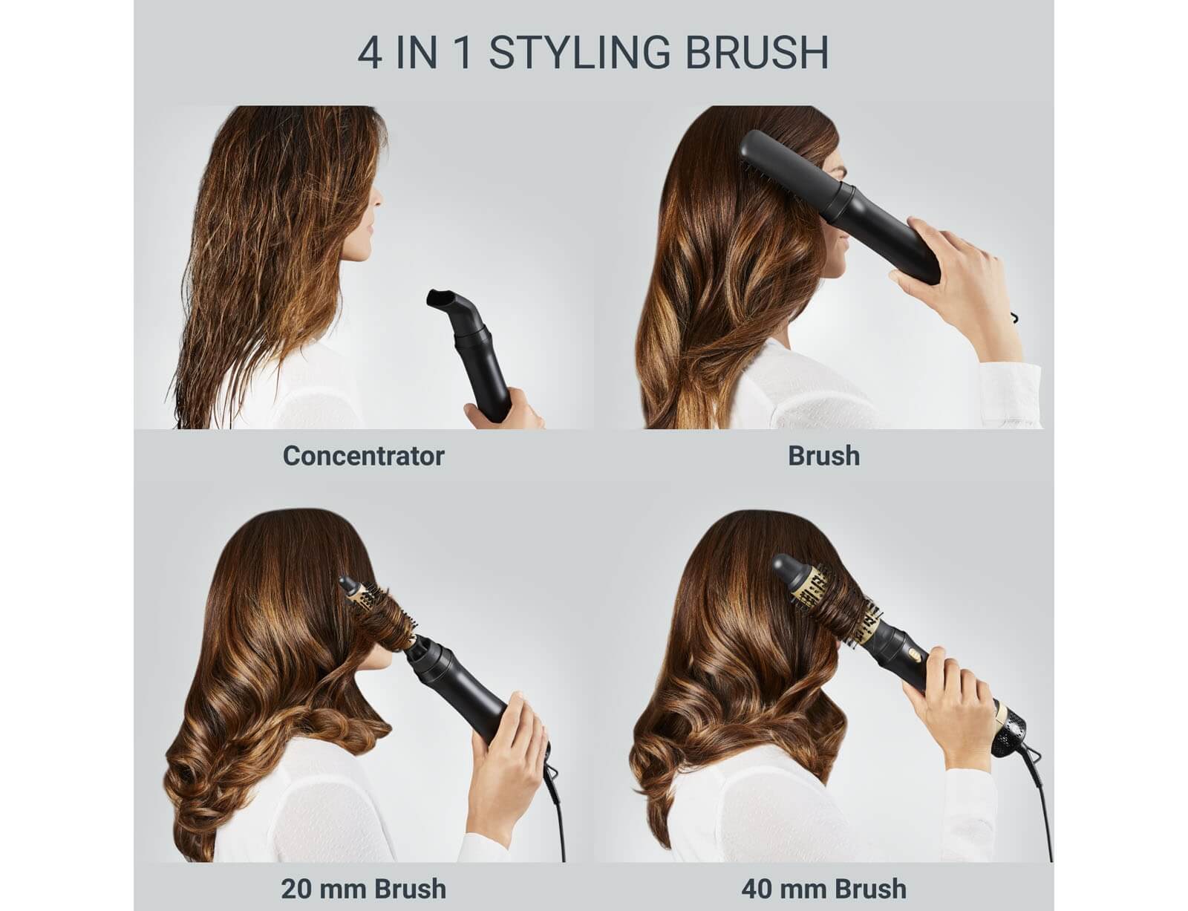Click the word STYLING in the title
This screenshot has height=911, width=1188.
579,53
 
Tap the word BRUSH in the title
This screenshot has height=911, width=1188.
757,53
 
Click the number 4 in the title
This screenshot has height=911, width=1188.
370,53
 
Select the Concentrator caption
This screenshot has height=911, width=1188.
364,456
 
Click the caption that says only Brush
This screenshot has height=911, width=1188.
824,456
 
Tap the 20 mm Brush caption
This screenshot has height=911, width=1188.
364,889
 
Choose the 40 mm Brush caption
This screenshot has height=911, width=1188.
824,889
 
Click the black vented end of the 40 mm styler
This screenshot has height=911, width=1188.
1018,733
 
